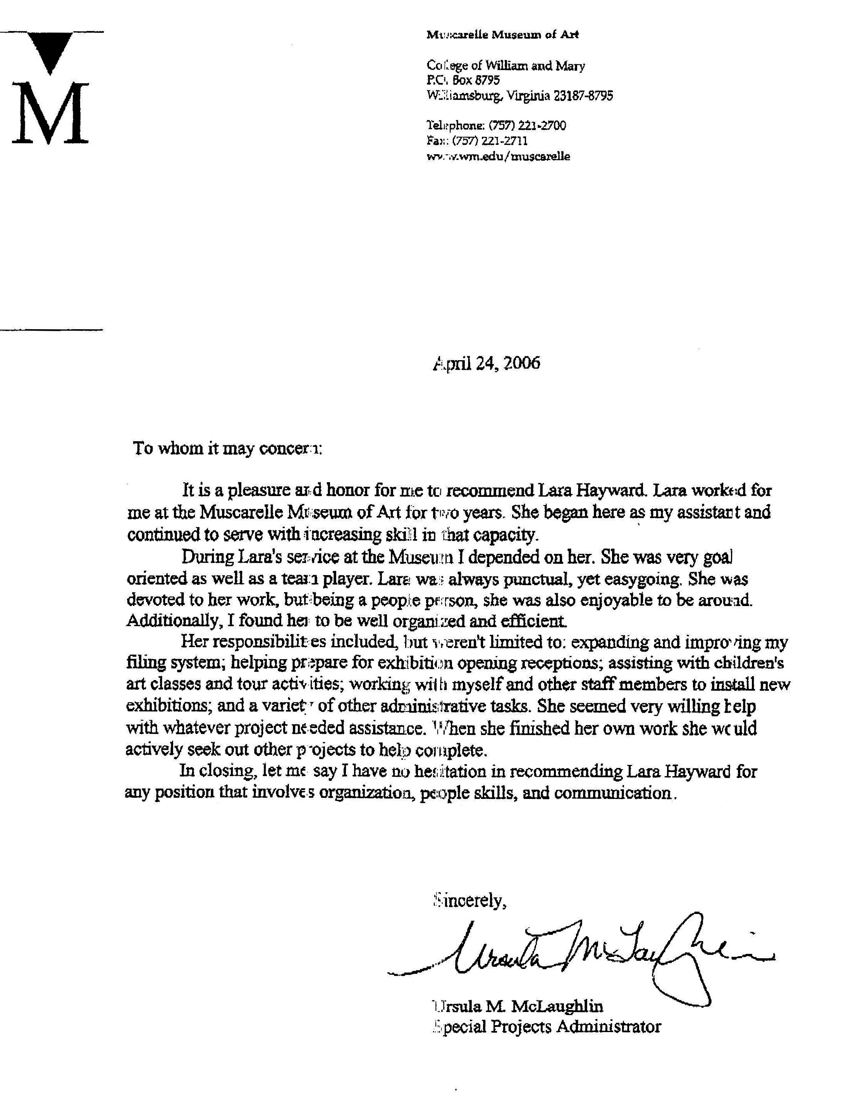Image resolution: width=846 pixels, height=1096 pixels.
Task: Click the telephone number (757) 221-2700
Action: (x=527, y=125)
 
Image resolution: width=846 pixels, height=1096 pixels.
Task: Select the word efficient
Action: (x=534, y=621)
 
